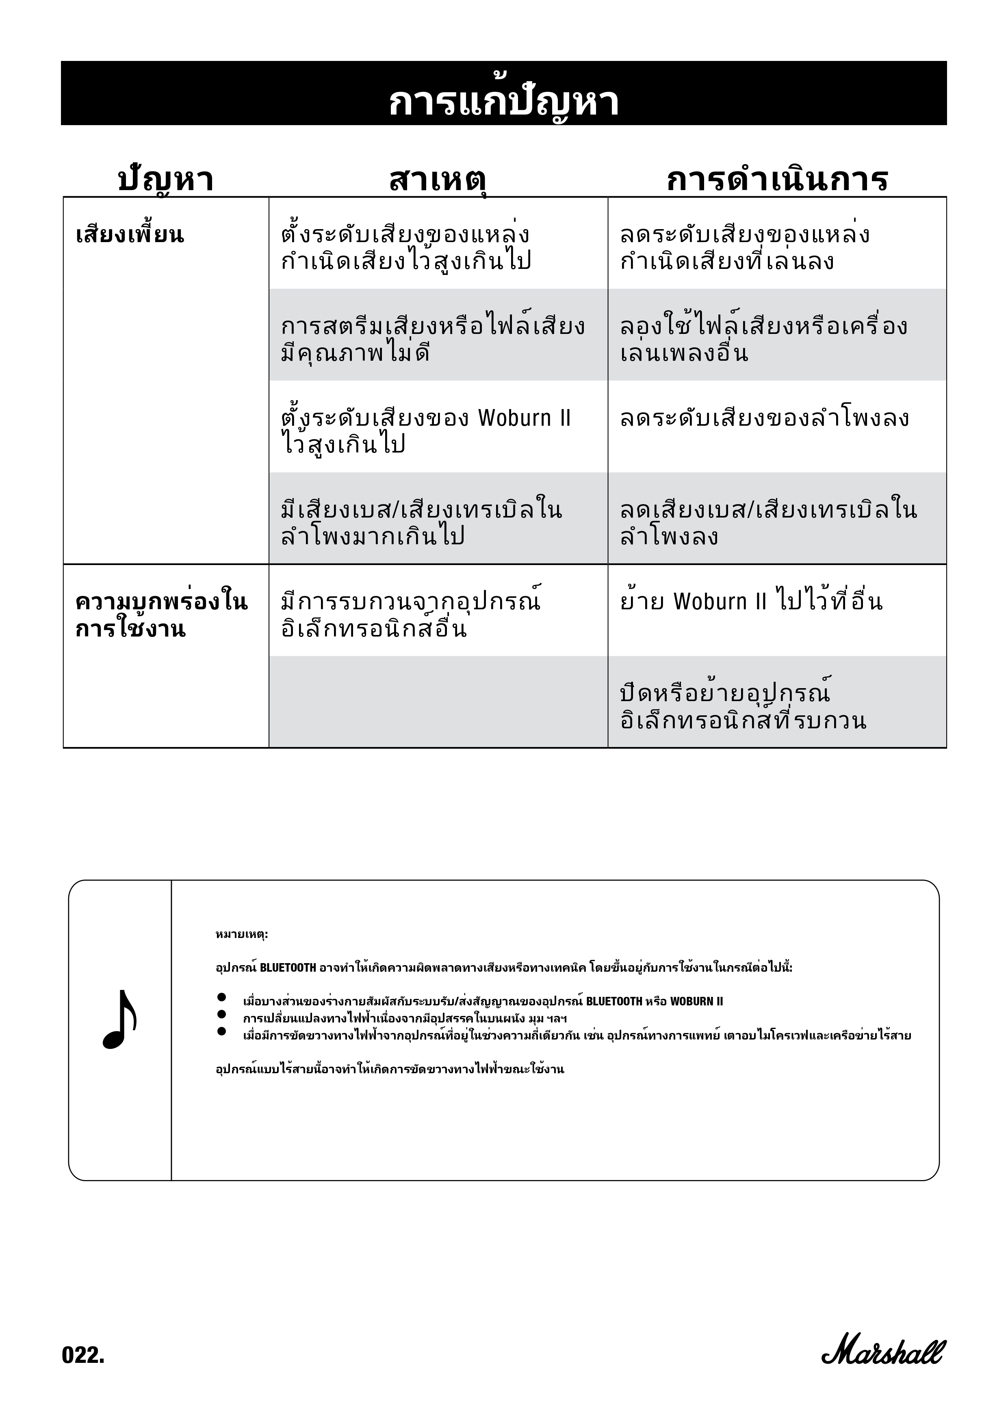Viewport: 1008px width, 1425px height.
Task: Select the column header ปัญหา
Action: point(166,180)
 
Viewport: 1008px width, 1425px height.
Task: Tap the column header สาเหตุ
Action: point(437,180)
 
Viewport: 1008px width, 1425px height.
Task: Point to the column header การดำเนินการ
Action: point(777,180)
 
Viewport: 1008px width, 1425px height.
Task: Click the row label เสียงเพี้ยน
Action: point(130,235)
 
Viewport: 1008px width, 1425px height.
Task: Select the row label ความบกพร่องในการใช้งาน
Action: point(161,615)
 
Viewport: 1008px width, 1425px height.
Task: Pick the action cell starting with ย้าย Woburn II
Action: point(751,602)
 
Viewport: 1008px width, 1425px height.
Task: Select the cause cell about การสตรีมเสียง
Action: point(433,339)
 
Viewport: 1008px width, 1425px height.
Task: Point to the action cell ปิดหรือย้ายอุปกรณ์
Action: point(743,707)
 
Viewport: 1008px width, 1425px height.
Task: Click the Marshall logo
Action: point(882,1351)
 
